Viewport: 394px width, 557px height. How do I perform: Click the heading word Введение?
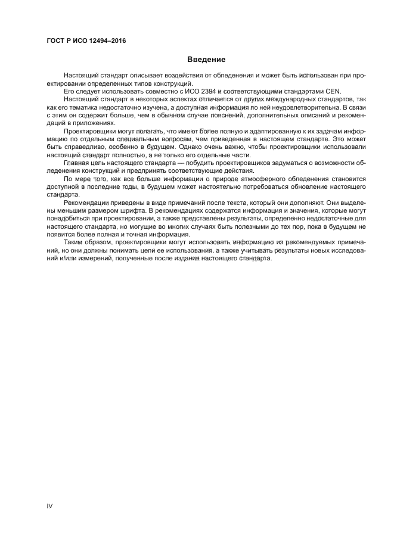coord(206,60)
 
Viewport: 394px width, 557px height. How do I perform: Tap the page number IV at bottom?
coord(50,506)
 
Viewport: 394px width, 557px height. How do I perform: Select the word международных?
coord(270,99)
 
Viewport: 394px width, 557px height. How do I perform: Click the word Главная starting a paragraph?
coord(77,161)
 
